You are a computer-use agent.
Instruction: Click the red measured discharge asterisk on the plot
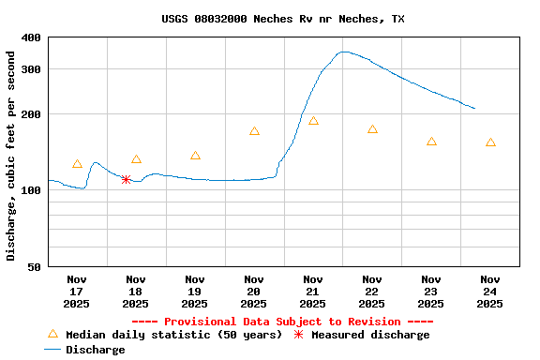[126, 179]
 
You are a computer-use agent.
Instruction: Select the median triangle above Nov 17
[77, 164]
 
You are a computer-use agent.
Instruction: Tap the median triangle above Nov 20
[254, 131]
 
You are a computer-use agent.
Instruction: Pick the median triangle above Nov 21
[313, 121]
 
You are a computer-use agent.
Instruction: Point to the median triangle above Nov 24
[490, 142]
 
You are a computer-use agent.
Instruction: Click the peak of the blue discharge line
[344, 52]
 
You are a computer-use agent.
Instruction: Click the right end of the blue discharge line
[475, 109]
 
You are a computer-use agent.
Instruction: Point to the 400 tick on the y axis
[31, 37]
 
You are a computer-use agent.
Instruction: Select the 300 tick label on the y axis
[31, 69]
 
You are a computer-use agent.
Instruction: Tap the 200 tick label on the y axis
[31, 114]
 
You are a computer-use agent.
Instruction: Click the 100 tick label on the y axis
[31, 190]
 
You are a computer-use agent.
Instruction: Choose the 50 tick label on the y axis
[34, 267]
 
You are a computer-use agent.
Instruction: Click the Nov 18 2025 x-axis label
[136, 291]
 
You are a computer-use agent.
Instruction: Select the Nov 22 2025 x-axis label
[372, 291]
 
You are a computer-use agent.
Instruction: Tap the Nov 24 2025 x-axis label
[490, 291]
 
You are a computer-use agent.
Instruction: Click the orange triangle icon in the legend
[52, 334]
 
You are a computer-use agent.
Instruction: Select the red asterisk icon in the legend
[299, 334]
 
